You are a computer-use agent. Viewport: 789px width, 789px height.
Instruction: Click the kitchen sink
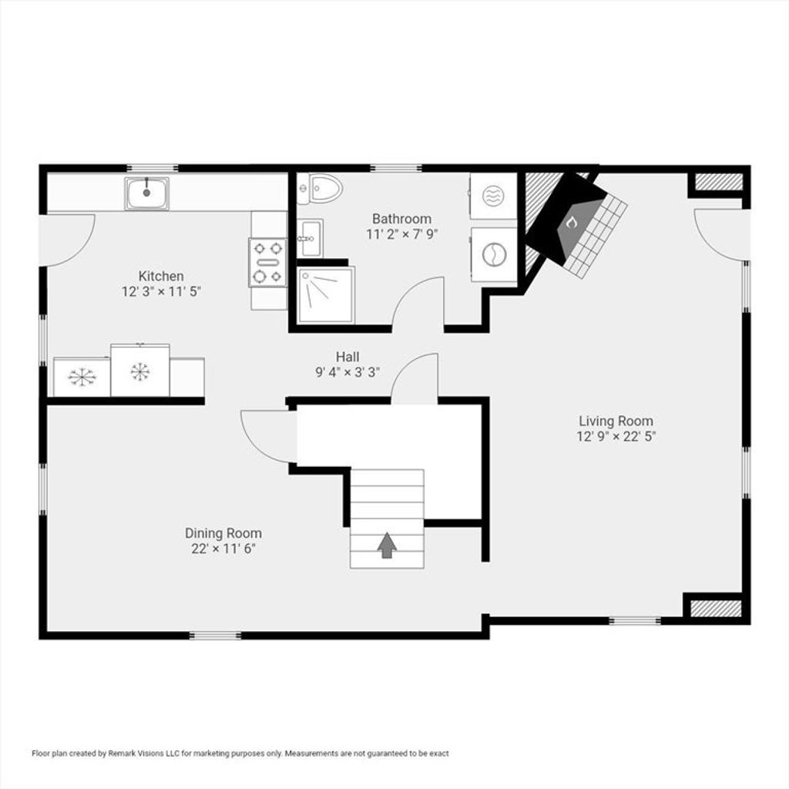coord(147,193)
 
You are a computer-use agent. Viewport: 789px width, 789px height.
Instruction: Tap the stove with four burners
coord(268,262)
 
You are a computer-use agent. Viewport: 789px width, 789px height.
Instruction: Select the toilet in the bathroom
coord(320,188)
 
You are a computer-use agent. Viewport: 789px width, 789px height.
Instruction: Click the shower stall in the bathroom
coord(326,295)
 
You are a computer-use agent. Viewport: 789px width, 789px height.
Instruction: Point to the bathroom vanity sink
coord(310,238)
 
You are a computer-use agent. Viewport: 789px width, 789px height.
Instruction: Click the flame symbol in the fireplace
coord(571,223)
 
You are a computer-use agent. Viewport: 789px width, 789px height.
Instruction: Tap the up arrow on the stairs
coord(387,546)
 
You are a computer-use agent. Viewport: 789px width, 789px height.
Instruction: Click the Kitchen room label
coord(161,277)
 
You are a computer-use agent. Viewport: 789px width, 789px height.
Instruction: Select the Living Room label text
coord(616,421)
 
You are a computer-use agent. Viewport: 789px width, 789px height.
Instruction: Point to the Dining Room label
coord(223,533)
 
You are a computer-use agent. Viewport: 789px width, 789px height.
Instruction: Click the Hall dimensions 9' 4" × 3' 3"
coord(347,372)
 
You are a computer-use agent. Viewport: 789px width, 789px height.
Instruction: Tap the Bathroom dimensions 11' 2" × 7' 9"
coord(402,234)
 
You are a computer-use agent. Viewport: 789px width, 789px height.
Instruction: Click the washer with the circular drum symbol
coord(494,254)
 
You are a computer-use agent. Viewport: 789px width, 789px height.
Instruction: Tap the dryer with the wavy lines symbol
coord(494,196)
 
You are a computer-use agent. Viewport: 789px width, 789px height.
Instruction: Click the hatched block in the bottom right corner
coord(716,609)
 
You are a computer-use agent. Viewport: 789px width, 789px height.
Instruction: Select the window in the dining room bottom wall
coord(216,636)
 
